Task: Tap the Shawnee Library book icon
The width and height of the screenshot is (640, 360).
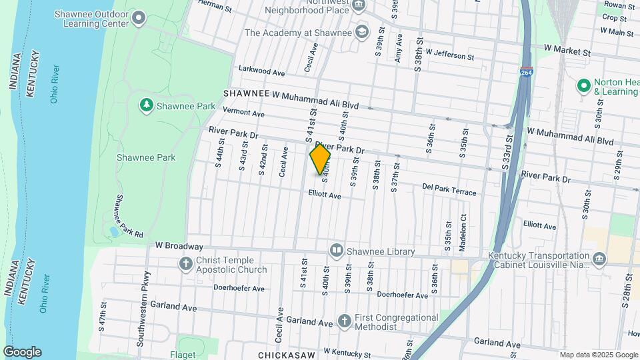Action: tap(337, 251)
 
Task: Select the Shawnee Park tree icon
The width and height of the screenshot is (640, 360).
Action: tap(146, 105)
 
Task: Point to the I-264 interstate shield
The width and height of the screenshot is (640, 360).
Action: tap(527, 73)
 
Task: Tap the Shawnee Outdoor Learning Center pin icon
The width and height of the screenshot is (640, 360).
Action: tap(139, 17)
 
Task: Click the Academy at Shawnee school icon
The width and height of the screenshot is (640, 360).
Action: tap(361, 31)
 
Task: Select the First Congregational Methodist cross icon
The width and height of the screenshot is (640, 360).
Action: tap(344, 321)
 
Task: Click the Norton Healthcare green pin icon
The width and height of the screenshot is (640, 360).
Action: tap(584, 85)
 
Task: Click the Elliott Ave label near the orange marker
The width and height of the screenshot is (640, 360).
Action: tap(325, 195)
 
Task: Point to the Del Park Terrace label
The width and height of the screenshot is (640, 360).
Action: tap(449, 190)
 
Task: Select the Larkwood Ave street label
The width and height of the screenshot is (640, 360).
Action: tap(263, 71)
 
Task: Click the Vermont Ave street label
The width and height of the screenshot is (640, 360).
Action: tap(245, 111)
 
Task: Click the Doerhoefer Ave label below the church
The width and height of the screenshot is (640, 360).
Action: tap(239, 289)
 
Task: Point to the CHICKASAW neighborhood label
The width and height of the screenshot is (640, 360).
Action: tap(287, 355)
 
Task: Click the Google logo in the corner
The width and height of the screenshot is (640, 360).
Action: tap(22, 352)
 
